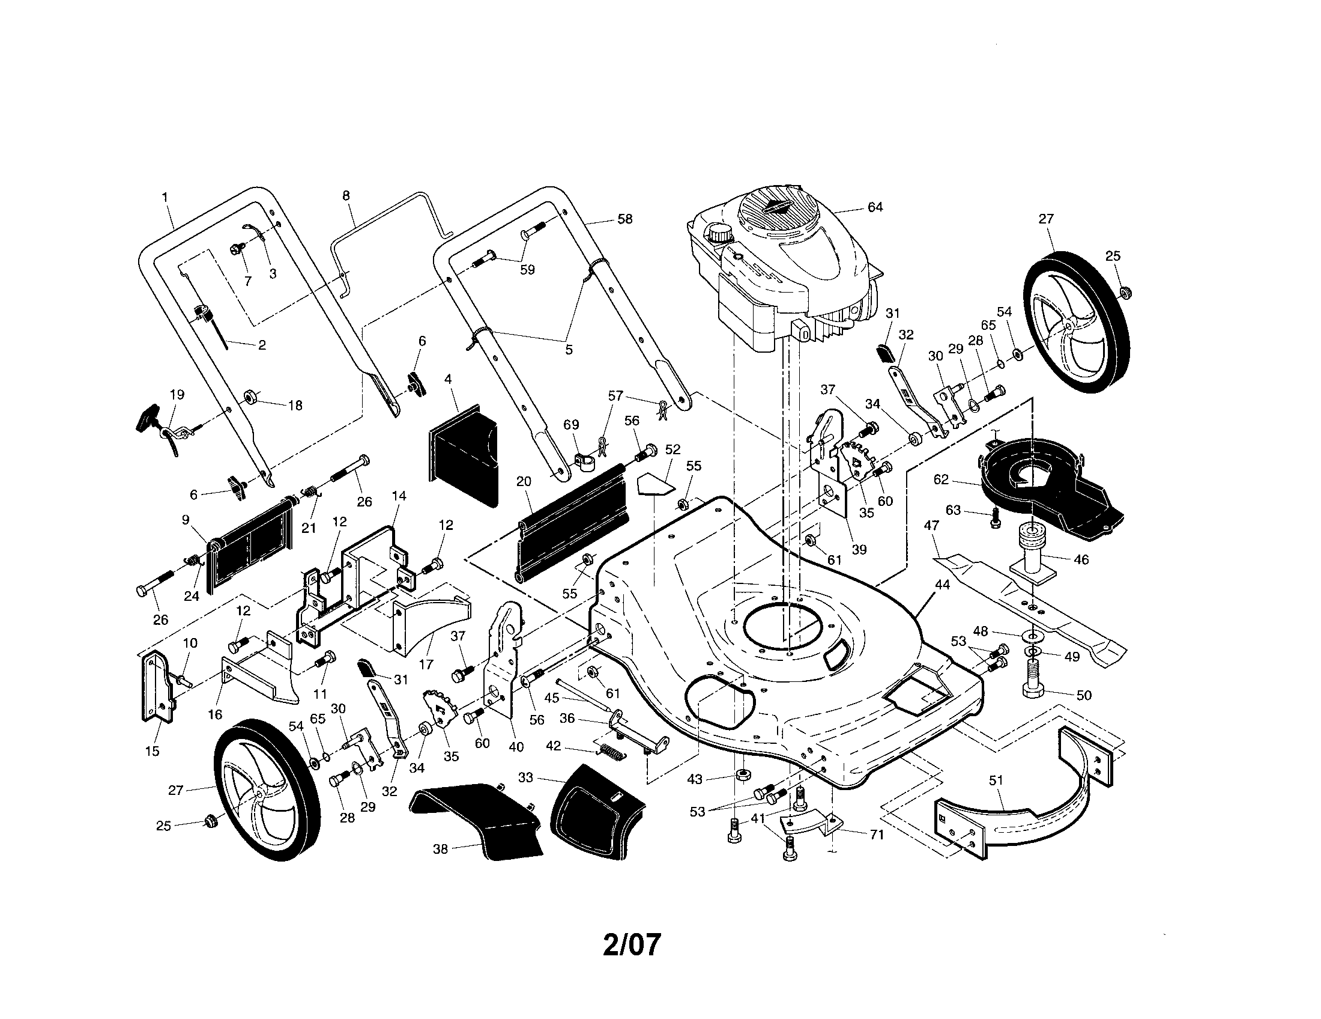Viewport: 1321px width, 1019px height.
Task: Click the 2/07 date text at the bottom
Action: tap(632, 944)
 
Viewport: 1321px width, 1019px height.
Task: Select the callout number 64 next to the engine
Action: tap(875, 207)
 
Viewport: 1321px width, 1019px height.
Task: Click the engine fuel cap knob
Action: tap(719, 233)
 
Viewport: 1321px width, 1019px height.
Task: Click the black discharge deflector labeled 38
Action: tap(478, 817)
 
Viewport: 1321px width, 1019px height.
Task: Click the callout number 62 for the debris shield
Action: tap(941, 479)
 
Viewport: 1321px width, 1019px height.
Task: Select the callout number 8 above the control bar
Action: tap(346, 195)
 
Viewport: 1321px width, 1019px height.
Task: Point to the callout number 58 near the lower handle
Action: tap(625, 219)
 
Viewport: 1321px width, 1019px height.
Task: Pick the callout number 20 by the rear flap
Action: tap(524, 481)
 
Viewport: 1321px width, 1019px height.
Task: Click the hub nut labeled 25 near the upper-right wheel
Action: tap(1125, 292)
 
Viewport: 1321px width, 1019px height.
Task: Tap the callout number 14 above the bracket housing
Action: tap(399, 496)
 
